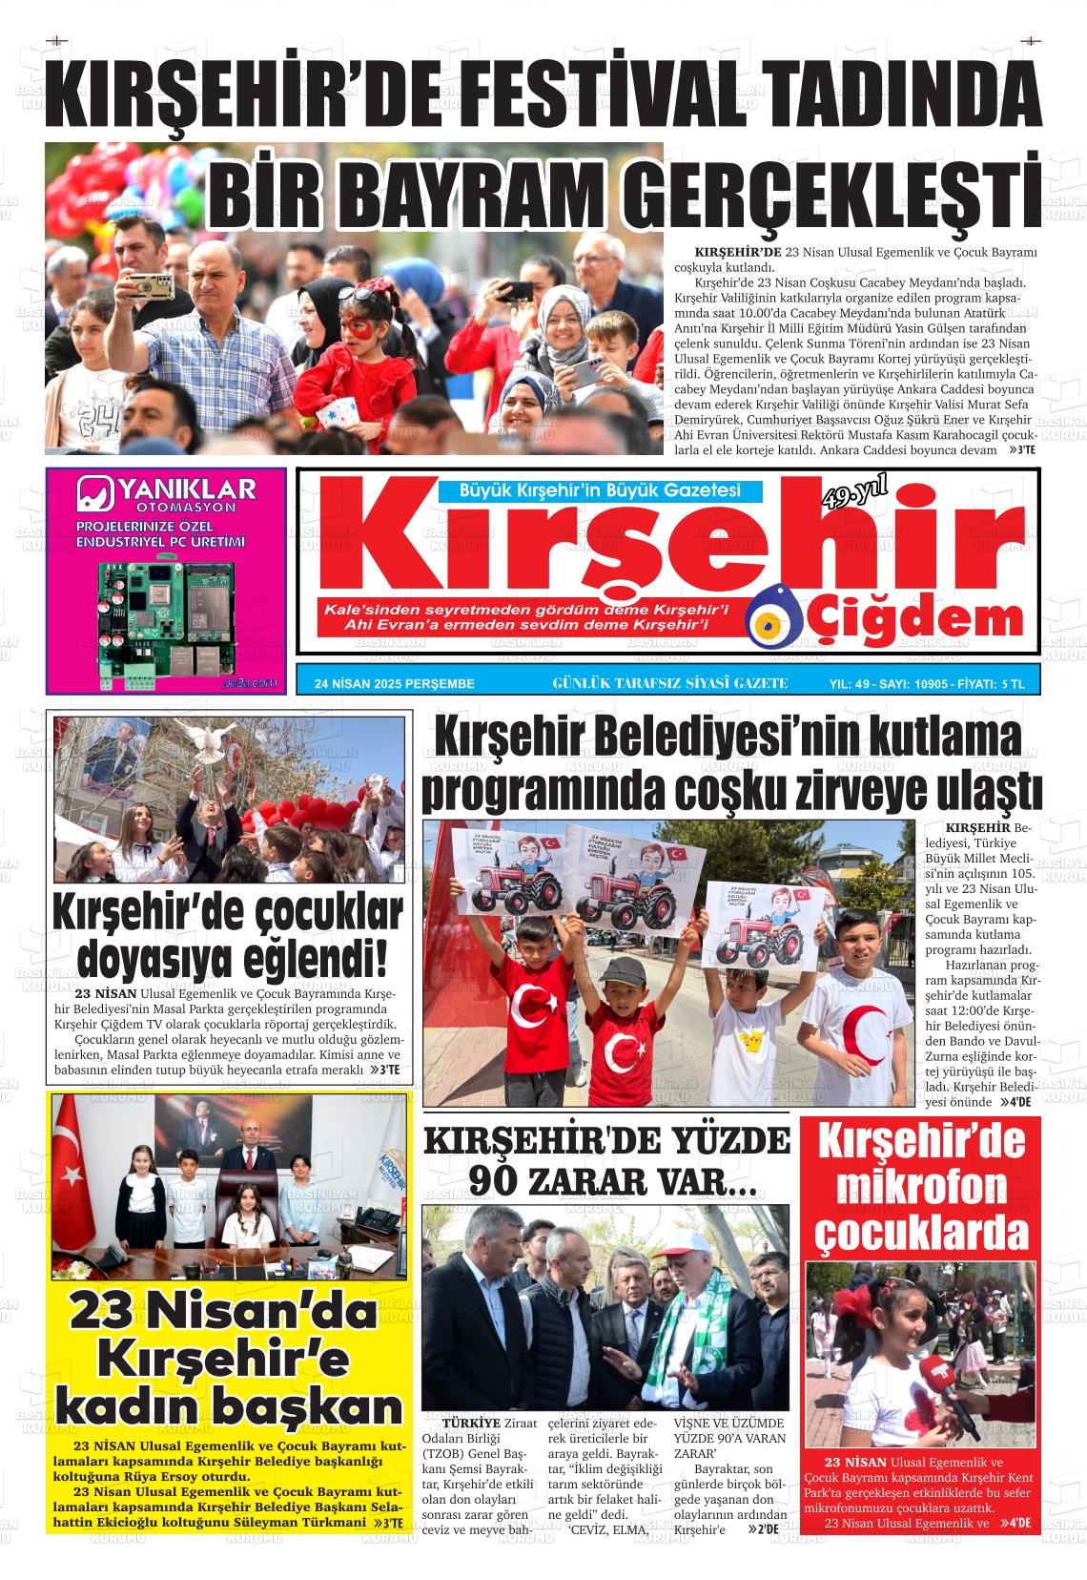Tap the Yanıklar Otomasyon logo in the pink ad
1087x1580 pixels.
pyautogui.click(x=167, y=495)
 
